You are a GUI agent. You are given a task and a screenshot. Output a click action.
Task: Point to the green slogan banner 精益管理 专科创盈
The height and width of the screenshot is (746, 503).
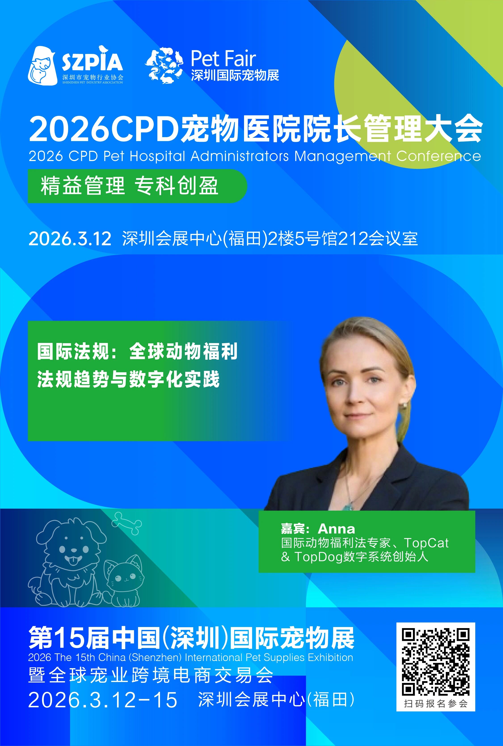(137, 186)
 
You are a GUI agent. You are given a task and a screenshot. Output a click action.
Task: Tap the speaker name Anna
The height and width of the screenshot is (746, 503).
(336, 528)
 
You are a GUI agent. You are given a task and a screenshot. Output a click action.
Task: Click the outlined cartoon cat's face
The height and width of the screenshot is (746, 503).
(125, 578)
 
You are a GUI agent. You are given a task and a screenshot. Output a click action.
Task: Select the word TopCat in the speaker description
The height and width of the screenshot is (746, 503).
(426, 543)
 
